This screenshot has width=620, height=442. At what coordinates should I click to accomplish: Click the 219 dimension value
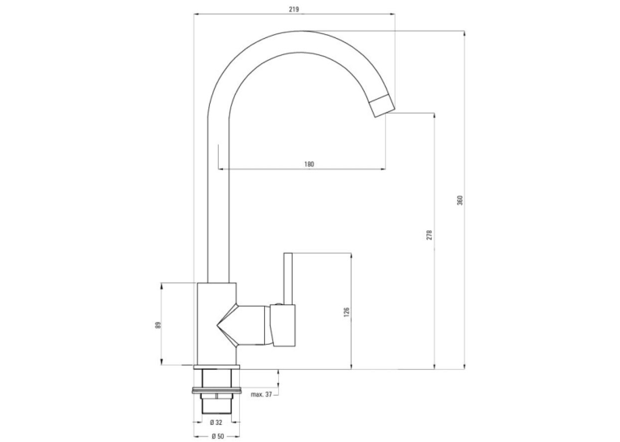[x=293, y=9]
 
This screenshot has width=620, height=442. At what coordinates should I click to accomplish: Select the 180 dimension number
[x=310, y=164]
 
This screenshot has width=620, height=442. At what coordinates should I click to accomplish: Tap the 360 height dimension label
[x=460, y=200]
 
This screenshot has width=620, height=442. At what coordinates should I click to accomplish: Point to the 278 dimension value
[x=430, y=234]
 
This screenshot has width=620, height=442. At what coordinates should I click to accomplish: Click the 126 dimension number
[x=347, y=312]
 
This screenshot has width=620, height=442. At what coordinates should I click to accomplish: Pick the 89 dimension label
[x=158, y=325]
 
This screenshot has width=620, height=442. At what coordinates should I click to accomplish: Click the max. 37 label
[x=261, y=394]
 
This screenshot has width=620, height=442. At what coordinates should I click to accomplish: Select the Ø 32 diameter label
[x=216, y=423]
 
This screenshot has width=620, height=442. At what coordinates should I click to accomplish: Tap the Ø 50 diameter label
[x=217, y=436]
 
